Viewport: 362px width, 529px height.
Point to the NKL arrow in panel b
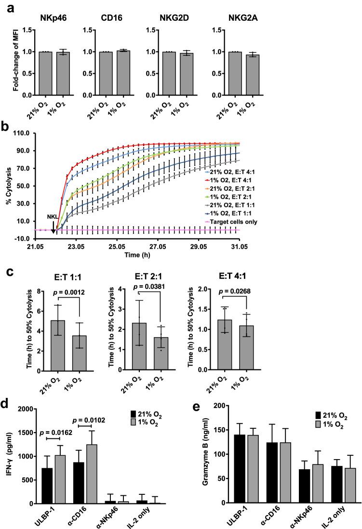[53, 224]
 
